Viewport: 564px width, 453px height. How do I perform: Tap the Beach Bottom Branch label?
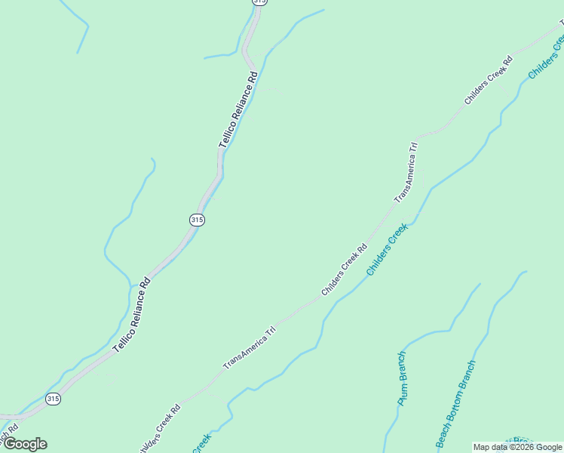(455, 403)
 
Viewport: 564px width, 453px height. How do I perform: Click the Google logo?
(24, 444)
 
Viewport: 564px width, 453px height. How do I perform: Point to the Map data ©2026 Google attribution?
(517, 447)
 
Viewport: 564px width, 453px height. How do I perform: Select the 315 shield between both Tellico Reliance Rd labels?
(197, 219)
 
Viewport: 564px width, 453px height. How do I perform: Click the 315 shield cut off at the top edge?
(259, 2)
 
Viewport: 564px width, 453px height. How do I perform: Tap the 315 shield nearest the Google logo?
(53, 399)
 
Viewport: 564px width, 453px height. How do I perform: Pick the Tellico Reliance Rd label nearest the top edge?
(238, 109)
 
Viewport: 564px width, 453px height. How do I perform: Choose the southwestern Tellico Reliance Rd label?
(133, 315)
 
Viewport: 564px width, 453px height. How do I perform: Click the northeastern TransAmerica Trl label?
(406, 171)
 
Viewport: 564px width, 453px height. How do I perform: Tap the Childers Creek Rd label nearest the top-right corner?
(488, 80)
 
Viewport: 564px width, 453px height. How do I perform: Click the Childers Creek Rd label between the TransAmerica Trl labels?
(344, 270)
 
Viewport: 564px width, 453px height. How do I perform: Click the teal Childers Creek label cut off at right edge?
(546, 56)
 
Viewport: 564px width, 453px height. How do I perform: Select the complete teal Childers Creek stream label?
(387, 249)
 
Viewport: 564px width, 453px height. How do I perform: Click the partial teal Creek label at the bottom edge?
(201, 442)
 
